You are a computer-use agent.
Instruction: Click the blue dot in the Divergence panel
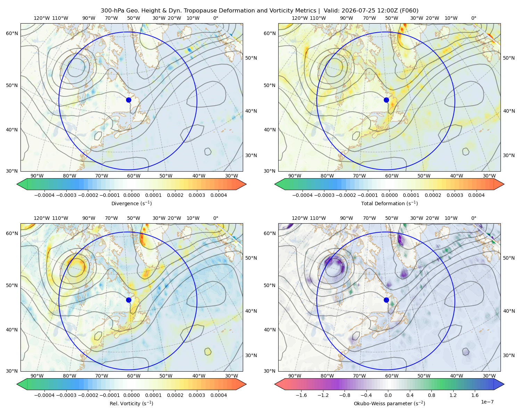[129, 100]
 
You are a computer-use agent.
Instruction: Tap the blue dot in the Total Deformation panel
[386, 100]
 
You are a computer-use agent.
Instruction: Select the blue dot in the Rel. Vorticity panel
[129, 300]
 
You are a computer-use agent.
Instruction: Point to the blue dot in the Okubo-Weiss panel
[386, 300]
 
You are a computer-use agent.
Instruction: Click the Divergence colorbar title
[131, 203]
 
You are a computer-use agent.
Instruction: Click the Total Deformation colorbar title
[389, 203]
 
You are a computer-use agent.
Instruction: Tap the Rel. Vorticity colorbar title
[131, 403]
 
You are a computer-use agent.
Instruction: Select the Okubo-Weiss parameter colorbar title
[389, 403]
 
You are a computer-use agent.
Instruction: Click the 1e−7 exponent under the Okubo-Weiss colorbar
[487, 402]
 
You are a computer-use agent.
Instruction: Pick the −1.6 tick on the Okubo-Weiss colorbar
[301, 395]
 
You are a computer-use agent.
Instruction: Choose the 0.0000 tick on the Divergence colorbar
[131, 195]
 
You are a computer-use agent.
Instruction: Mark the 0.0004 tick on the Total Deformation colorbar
[476, 195]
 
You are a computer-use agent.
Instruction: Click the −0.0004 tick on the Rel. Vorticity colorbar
[44, 395]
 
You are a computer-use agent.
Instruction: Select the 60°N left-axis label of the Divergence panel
[12, 33]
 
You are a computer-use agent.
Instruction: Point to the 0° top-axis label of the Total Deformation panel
[473, 18]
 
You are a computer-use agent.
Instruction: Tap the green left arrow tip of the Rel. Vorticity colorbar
[17, 384]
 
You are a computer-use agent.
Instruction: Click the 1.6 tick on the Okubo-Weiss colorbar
[475, 395]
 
